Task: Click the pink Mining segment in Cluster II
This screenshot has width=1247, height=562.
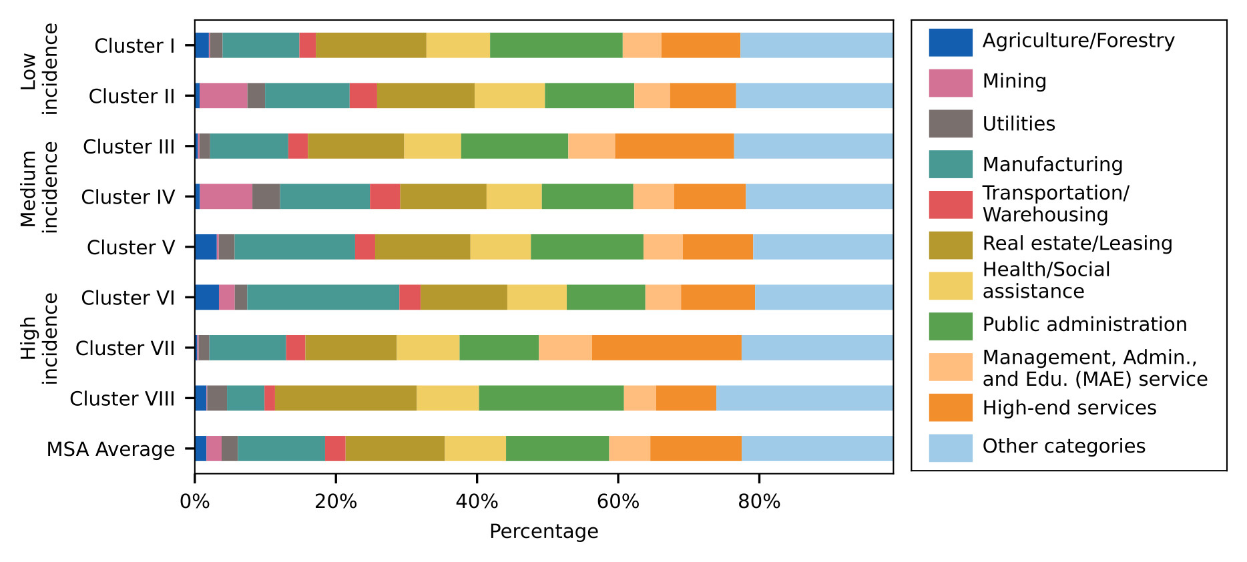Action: tap(224, 95)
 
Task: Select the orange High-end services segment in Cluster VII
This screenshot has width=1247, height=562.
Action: tap(666, 348)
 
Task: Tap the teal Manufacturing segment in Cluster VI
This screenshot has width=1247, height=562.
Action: tap(323, 297)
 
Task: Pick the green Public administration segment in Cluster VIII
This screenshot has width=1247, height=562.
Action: tap(551, 398)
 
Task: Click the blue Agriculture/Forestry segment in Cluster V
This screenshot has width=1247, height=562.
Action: tap(206, 247)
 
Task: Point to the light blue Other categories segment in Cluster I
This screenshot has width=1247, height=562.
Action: tap(816, 45)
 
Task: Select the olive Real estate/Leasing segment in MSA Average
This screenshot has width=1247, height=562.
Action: tap(395, 449)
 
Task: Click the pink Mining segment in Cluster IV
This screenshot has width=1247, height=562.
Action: tap(226, 196)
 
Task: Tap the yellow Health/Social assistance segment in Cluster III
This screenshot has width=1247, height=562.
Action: tap(433, 146)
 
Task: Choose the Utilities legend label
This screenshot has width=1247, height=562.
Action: tap(1019, 124)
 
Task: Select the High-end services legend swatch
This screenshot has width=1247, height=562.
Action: tap(951, 408)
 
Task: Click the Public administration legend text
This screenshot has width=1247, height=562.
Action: tap(1085, 324)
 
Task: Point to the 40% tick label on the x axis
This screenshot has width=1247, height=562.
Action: tap(477, 502)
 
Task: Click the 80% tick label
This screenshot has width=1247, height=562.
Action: tap(759, 502)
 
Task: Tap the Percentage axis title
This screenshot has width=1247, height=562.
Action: tap(543, 531)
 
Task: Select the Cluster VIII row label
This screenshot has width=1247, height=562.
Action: tap(122, 398)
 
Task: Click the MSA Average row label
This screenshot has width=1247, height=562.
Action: tap(111, 449)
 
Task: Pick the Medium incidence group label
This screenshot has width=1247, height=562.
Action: tap(39, 188)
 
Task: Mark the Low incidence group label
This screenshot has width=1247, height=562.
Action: tap(39, 69)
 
